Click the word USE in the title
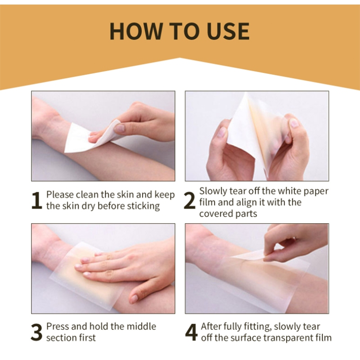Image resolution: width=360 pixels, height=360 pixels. click(x=228, y=31)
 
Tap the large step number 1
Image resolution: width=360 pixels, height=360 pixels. click(x=37, y=200)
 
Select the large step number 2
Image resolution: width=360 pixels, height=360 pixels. click(x=189, y=200)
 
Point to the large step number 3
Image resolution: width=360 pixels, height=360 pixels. click(x=36, y=332)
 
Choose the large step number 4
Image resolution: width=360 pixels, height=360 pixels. click(x=191, y=332)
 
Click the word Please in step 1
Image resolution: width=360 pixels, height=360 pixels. click(x=60, y=195)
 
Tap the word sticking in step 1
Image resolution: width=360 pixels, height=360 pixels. click(x=143, y=206)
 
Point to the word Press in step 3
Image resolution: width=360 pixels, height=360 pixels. click(x=58, y=326)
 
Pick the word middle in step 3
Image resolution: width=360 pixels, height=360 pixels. click(x=141, y=326)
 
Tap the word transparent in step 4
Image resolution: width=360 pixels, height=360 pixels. click(x=289, y=338)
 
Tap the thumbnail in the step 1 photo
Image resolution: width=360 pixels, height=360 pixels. click(x=119, y=128)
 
